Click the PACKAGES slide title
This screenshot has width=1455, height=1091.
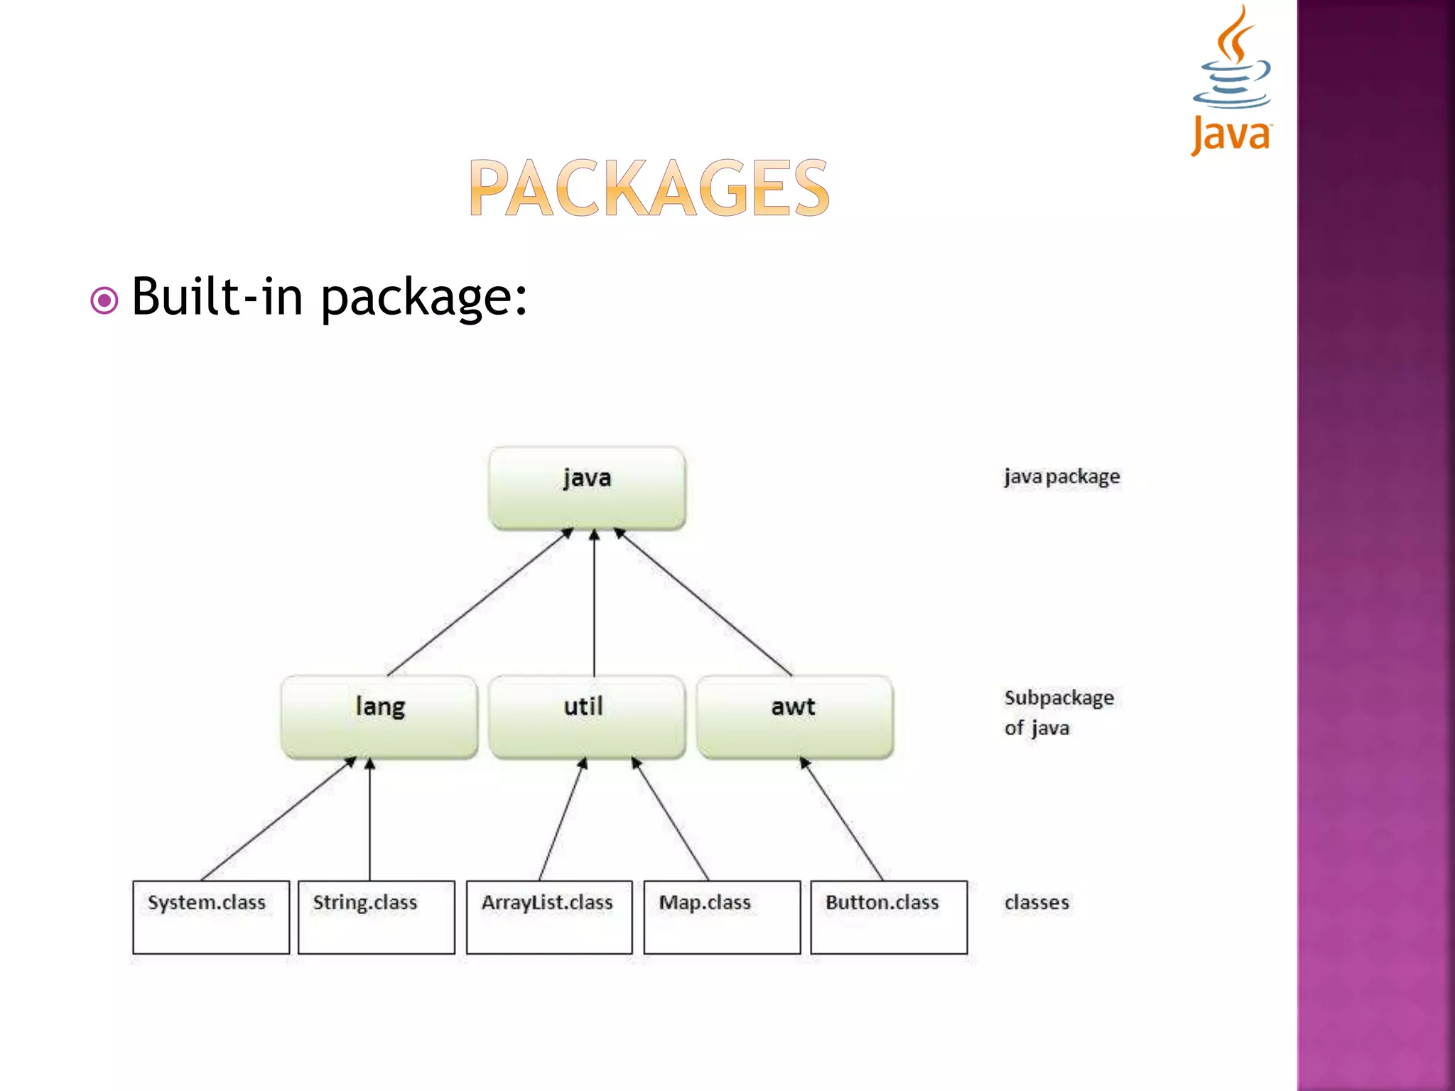coord(649,188)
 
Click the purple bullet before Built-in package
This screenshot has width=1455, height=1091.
coord(104,300)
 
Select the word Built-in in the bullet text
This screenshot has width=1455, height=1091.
coord(217,296)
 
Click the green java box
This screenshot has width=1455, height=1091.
coord(587,488)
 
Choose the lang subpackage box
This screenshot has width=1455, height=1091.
coord(379,716)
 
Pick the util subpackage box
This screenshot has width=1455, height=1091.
coord(587,716)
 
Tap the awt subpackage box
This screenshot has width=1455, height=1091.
coord(794,716)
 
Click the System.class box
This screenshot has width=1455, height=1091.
coord(211,917)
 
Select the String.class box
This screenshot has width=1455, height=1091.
coord(377,917)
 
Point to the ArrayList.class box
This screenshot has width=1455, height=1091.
coord(549,917)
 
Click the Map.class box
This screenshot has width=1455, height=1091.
coord(722,917)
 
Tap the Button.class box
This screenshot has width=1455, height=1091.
coord(889,917)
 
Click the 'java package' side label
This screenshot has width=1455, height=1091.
coord(1061,477)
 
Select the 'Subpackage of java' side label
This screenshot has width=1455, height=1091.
coord(1059,712)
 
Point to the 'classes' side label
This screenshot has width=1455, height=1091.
coord(1037,903)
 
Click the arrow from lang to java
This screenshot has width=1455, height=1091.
coord(480,602)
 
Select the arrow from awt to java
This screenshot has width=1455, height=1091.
coord(703,602)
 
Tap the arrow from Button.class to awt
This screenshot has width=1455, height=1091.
coord(842,819)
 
